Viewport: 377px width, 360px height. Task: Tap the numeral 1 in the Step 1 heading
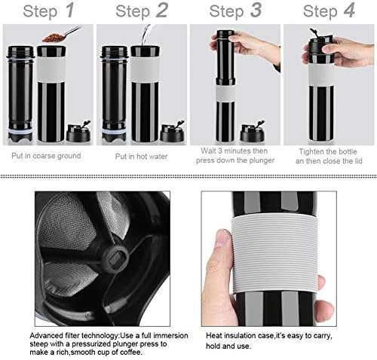click(x=69, y=11)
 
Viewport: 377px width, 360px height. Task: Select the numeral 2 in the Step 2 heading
click(x=161, y=11)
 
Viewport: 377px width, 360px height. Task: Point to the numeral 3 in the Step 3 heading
click(x=256, y=11)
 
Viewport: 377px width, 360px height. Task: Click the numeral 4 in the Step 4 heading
click(x=349, y=11)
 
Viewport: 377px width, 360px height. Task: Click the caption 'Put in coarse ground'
click(x=46, y=156)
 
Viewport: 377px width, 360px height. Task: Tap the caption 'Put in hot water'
click(x=141, y=157)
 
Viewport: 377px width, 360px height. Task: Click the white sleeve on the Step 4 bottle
click(x=321, y=75)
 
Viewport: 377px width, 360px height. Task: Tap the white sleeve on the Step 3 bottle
click(x=225, y=93)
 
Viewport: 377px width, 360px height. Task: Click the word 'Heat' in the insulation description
click(x=214, y=336)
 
